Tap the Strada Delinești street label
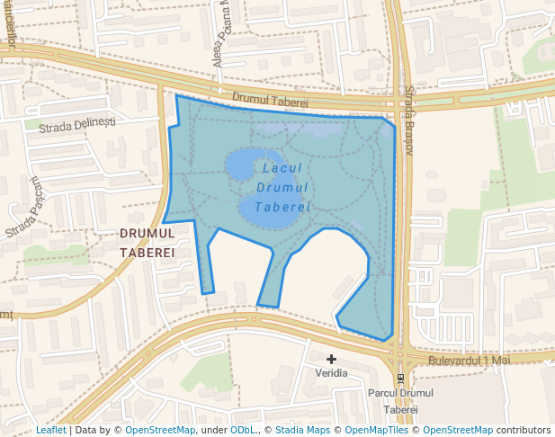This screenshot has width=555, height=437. (77, 125)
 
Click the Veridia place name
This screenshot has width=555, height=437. (331, 372)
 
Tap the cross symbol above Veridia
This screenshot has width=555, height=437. (331, 359)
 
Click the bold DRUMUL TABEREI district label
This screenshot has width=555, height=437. (147, 242)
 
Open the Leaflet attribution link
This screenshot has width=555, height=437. (50, 430)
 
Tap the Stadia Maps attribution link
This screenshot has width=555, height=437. (301, 430)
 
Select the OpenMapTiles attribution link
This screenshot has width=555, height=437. (379, 430)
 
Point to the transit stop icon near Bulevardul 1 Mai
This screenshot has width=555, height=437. (400, 379)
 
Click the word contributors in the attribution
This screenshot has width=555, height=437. (523, 430)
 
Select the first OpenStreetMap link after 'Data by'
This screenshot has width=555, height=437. (160, 430)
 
